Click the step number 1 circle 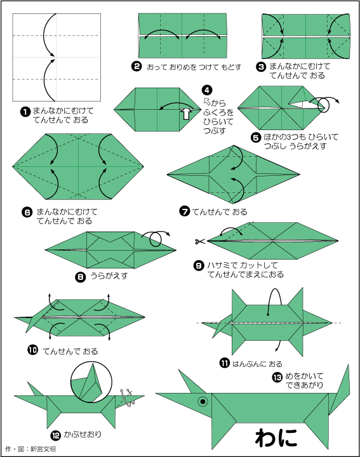(x=25, y=111)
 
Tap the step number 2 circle (x=137, y=67)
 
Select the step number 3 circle (x=261, y=67)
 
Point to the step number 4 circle (x=207, y=90)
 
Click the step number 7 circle (x=185, y=211)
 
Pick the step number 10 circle (x=32, y=350)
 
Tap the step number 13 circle (x=277, y=378)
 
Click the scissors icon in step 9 (x=200, y=241)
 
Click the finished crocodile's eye (x=203, y=401)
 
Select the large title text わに (x=277, y=438)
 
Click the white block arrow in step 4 (x=186, y=113)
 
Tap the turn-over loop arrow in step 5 (x=324, y=104)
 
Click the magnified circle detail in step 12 (x=91, y=380)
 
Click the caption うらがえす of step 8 (x=109, y=275)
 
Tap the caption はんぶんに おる (x=257, y=364)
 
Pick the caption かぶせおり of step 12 (x=83, y=434)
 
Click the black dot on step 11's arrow (x=267, y=314)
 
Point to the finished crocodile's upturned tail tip (x=348, y=365)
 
